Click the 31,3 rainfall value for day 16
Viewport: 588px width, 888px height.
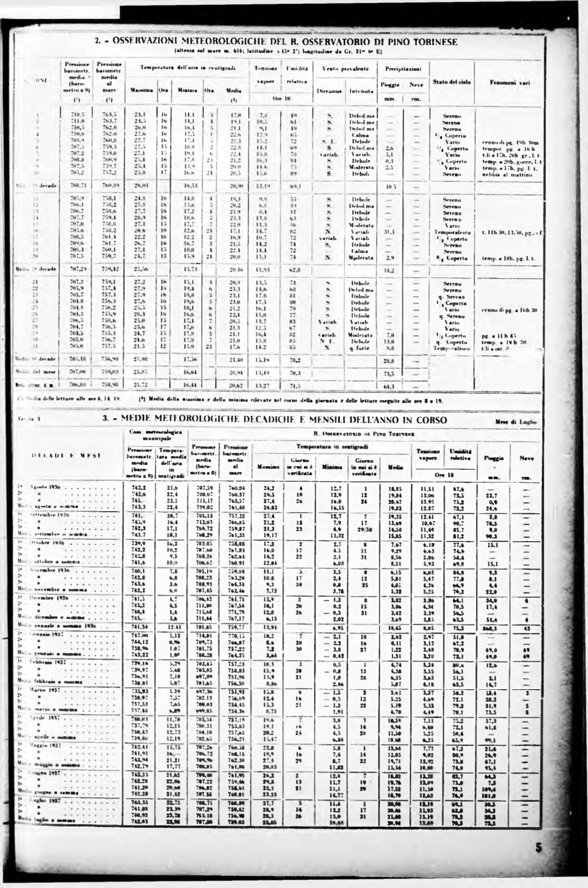pyautogui.click(x=388, y=232)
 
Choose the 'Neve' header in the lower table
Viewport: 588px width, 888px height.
pyautogui.click(x=527, y=458)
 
